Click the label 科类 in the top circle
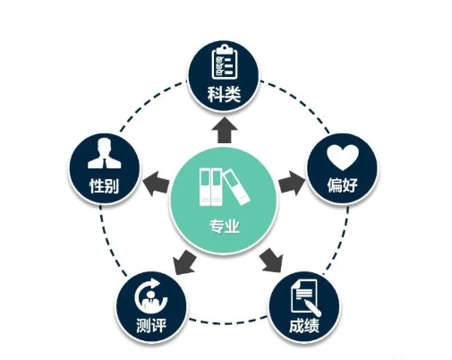pos(224,94)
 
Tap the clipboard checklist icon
pos(225,62)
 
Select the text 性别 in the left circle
pos(104,185)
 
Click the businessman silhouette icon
pos(105,154)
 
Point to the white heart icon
pos(343,158)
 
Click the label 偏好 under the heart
pos(342,185)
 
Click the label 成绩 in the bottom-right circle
pos(304,325)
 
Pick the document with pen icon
pos(305,297)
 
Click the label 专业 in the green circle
pos(225,226)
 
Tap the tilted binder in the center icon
pos(236,187)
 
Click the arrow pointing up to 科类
pos(225,131)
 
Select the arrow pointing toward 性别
pos(156,184)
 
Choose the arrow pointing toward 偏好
pos(293,183)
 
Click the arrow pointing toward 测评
pos(184,262)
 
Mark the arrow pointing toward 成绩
pos(271,260)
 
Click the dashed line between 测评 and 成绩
pos(228,321)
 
